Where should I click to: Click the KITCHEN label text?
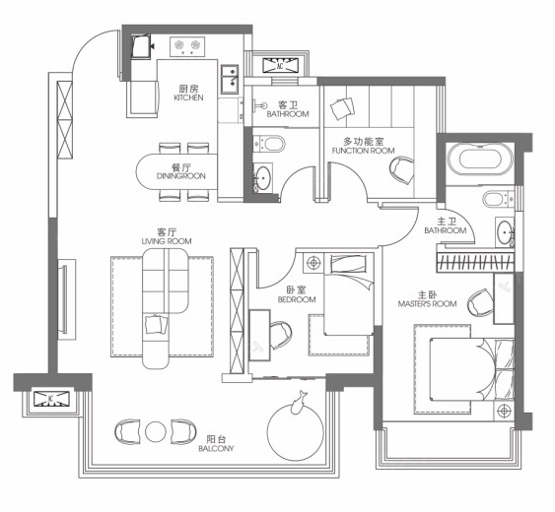click(x=188, y=97)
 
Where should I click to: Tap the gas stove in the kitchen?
click(x=187, y=46)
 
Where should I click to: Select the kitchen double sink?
click(x=230, y=80)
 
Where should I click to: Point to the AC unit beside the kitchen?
click(x=280, y=66)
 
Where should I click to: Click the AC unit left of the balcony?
click(x=50, y=399)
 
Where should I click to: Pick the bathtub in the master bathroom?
click(x=480, y=160)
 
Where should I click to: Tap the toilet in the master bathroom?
click(x=498, y=199)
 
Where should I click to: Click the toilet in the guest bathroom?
click(x=269, y=143)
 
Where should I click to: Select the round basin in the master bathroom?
click(x=504, y=232)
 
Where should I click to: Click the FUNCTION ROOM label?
click(x=363, y=151)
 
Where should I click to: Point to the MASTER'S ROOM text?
click(x=427, y=303)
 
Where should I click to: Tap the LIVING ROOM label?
click(x=167, y=241)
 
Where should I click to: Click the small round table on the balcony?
click(x=156, y=431)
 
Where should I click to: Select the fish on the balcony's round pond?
click(x=299, y=402)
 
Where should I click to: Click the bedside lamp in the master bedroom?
click(x=504, y=411)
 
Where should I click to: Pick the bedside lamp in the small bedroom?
click(x=313, y=263)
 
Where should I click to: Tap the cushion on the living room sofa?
click(x=156, y=324)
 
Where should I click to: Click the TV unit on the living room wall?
click(x=66, y=299)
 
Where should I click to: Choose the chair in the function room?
click(x=402, y=170)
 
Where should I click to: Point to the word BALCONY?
click(x=216, y=449)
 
